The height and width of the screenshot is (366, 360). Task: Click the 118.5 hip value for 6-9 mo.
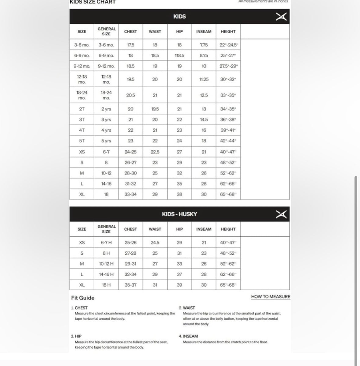tap(179, 56)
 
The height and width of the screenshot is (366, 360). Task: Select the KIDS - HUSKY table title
tap(179, 214)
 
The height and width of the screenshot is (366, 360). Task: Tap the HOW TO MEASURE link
tap(271, 296)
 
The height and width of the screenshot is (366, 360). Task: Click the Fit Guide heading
tap(83, 298)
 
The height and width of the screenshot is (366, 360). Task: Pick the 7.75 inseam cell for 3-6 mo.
tap(204, 45)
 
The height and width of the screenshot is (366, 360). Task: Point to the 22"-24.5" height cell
tap(228, 45)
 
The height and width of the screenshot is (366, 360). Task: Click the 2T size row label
tap(82, 109)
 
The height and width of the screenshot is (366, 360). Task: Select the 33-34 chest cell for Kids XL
tap(130, 194)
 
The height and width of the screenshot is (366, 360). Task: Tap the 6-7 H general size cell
tap(106, 243)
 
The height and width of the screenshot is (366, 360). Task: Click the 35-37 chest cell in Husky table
tap(130, 285)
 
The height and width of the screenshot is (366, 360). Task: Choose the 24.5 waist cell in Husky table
tap(155, 243)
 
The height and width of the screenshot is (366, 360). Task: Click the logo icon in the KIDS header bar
tap(281, 17)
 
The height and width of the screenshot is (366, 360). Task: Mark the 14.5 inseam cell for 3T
tap(204, 120)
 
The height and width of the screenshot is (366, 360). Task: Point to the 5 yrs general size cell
tap(106, 141)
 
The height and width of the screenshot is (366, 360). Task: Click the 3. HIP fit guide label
tap(76, 336)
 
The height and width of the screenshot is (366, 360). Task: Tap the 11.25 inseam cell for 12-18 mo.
tap(204, 79)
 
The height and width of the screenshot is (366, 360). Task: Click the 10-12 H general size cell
tap(106, 264)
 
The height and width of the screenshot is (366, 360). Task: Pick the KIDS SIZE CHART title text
tap(93, 2)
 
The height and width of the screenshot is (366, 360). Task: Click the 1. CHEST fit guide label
tap(79, 308)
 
